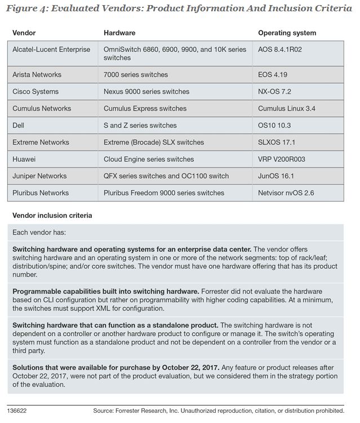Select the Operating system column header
pos(287,33)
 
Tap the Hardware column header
pos(119,33)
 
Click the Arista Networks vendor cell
pos(37,74)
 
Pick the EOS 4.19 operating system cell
pos(274,74)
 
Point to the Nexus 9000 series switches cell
pos(146,91)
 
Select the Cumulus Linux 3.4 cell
pos(286,108)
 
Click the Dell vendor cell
pos(19,125)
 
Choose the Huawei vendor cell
pos(24,159)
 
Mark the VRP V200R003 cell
pos(282,159)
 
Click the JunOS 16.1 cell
pos(276,176)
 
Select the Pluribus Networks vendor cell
pos(41,193)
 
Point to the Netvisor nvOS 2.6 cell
pos(286,193)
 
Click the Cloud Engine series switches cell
pos(149,159)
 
